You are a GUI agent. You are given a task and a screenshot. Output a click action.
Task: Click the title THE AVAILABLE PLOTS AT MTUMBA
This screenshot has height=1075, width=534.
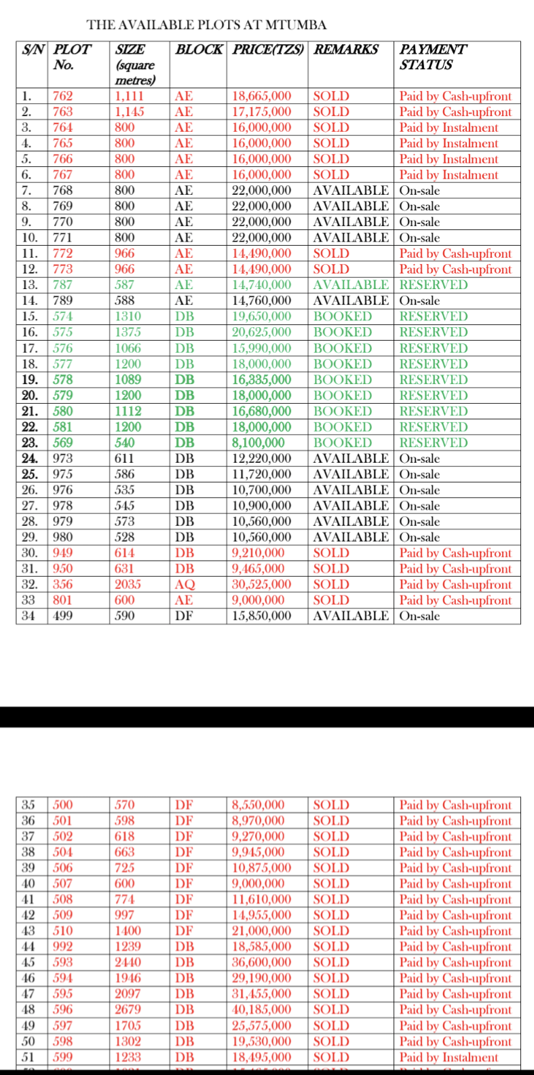[207, 25]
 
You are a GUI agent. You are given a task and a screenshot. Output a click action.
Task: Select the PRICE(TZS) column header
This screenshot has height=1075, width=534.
[269, 50]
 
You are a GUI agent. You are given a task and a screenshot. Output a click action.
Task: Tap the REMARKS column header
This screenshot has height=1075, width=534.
[346, 50]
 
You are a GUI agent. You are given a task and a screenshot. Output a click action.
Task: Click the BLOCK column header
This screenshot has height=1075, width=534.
[198, 50]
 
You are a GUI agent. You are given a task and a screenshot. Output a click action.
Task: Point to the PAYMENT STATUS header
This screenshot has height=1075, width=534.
[432, 57]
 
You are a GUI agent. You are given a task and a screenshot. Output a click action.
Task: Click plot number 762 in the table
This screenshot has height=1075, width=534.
[63, 96]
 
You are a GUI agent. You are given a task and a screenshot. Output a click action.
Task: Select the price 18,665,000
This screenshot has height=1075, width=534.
[262, 96]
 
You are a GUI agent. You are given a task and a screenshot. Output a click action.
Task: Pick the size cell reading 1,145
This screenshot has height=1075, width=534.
[130, 112]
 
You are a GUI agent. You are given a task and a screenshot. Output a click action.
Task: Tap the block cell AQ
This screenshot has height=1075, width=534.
[185, 584]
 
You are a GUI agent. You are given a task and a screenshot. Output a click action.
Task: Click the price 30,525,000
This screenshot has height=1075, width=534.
[262, 584]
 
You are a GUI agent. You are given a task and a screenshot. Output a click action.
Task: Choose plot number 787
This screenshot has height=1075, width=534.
[63, 285]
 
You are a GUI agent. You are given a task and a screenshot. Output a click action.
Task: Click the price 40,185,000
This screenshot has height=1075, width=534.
[262, 1010]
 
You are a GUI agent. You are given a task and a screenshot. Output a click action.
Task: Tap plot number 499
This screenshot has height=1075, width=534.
[63, 616]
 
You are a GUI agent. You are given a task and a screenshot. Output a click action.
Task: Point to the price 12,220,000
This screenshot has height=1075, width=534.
[262, 459]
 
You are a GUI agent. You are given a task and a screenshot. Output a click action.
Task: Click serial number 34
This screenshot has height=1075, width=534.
[28, 616]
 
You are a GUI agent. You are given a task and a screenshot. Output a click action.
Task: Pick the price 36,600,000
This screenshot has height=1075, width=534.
[262, 962]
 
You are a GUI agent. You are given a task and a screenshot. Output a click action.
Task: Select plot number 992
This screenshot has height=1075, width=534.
[63, 947]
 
